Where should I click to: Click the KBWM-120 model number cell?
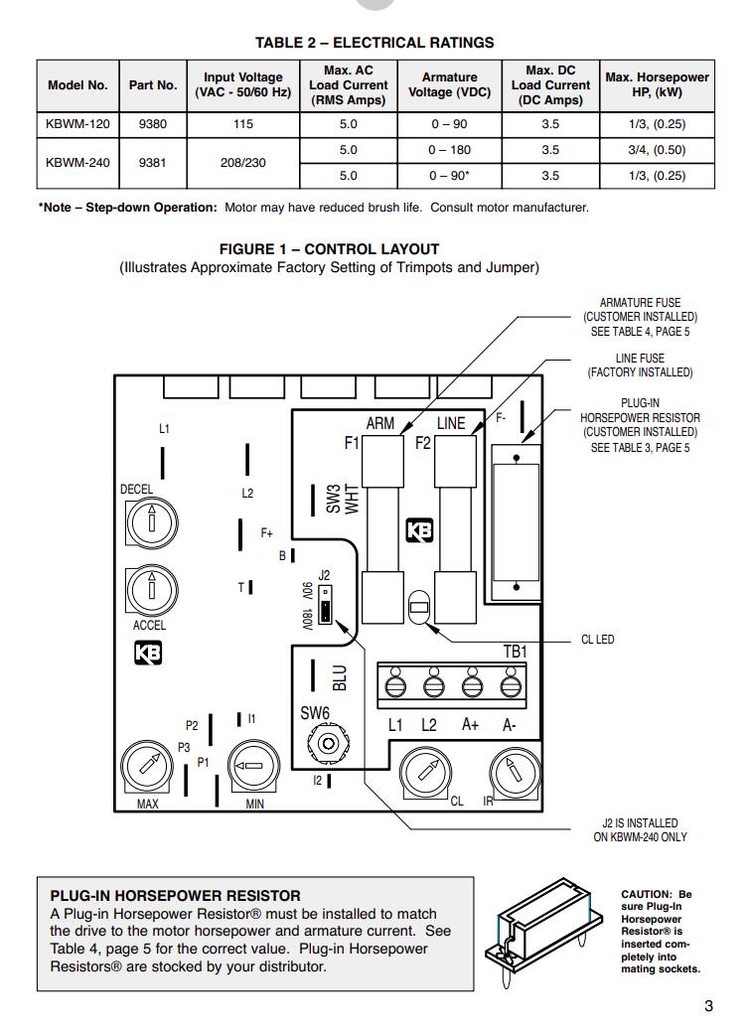[x=77, y=124]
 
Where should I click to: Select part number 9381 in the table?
[x=153, y=163]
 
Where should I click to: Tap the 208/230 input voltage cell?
[x=243, y=163]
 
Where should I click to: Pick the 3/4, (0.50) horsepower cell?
[x=658, y=150]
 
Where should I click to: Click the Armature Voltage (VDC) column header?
[x=450, y=84]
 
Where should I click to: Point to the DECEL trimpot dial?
[x=151, y=519]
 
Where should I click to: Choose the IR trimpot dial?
[x=514, y=773]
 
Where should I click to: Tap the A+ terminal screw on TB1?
[x=471, y=685]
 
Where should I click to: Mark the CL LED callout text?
[x=597, y=640]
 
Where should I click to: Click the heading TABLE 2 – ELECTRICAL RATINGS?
[x=375, y=43]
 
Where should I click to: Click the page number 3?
[x=708, y=1005]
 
